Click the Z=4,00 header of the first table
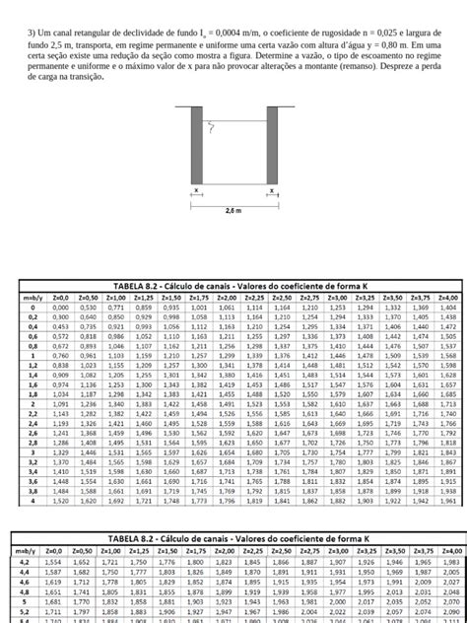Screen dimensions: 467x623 click(x=447, y=297)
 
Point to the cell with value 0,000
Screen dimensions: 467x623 click(x=60, y=307)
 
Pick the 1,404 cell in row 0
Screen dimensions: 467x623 click(x=447, y=307)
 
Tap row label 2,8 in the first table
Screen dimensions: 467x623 click(x=34, y=443)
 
